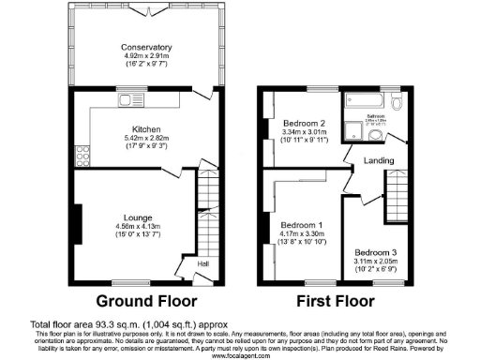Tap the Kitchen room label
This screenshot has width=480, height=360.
(146, 128)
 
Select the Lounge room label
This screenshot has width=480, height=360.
(136, 217)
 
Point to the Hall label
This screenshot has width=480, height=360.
(202, 264)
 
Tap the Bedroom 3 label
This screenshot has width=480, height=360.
(375, 251)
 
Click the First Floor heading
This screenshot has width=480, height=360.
(333, 302)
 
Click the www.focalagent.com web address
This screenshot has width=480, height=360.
(239, 355)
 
